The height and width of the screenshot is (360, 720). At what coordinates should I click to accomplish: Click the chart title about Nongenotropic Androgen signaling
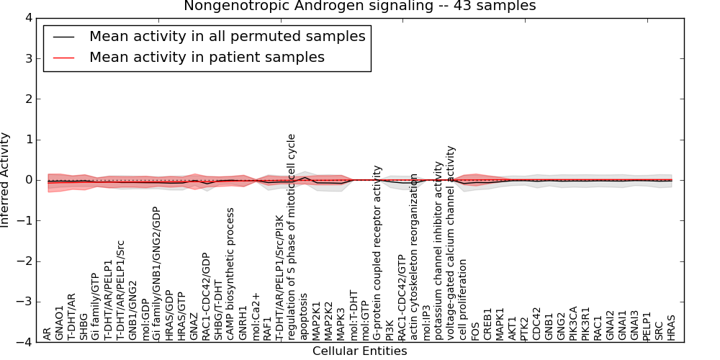(x=359, y=6)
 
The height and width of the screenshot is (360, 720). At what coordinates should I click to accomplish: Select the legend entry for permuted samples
(x=227, y=36)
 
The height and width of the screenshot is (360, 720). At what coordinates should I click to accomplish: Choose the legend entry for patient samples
(x=207, y=57)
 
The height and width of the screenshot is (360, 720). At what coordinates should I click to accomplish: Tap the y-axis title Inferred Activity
(x=6, y=180)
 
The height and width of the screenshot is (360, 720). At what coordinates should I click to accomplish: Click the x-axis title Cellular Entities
(x=359, y=351)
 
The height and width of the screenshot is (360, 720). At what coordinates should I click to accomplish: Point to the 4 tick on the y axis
(x=27, y=18)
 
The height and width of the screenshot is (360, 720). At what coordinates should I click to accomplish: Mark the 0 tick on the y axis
(x=27, y=180)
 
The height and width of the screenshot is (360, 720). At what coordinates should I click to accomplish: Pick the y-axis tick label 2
(x=27, y=99)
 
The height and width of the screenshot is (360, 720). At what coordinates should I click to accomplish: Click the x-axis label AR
(x=48, y=334)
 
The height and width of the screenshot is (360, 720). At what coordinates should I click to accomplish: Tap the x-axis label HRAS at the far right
(x=672, y=328)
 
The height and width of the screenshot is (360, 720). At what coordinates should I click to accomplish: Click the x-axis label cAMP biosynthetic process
(x=231, y=274)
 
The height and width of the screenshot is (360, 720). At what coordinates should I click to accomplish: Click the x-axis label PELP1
(x=647, y=326)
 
